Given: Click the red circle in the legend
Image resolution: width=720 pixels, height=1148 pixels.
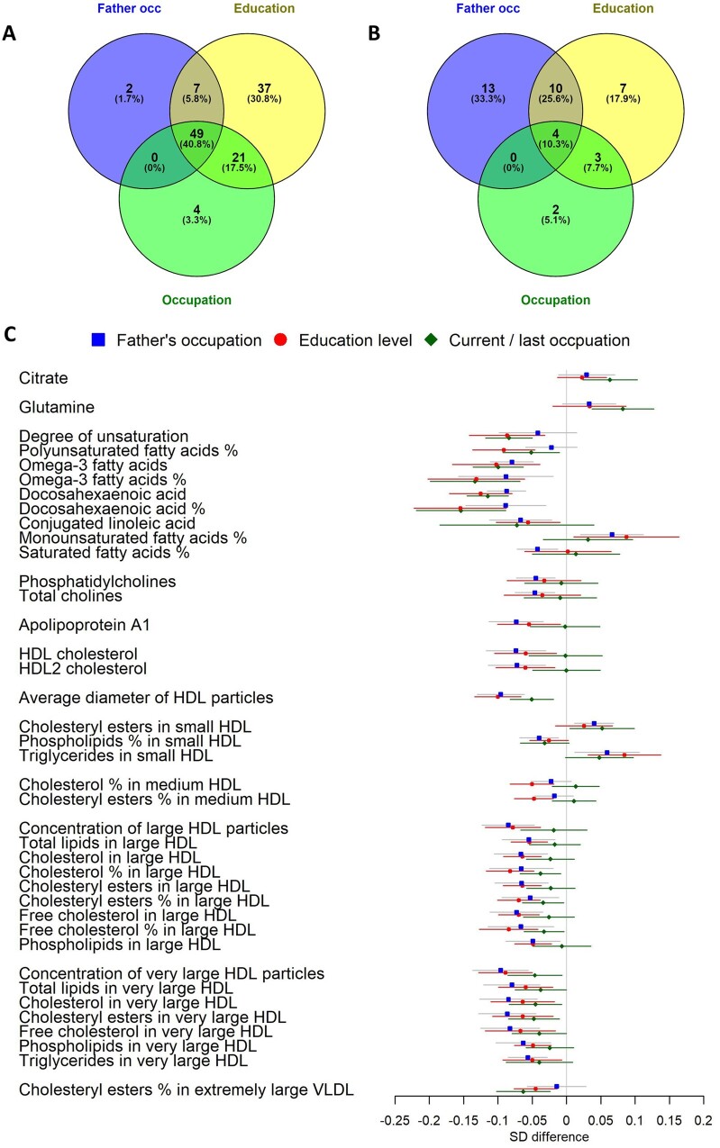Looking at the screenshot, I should pyautogui.click(x=280, y=339).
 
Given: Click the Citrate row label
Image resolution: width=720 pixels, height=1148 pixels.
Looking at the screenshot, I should pyautogui.click(x=43, y=378).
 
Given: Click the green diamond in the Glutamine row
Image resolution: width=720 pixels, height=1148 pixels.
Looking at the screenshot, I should pyautogui.click(x=623, y=409).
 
